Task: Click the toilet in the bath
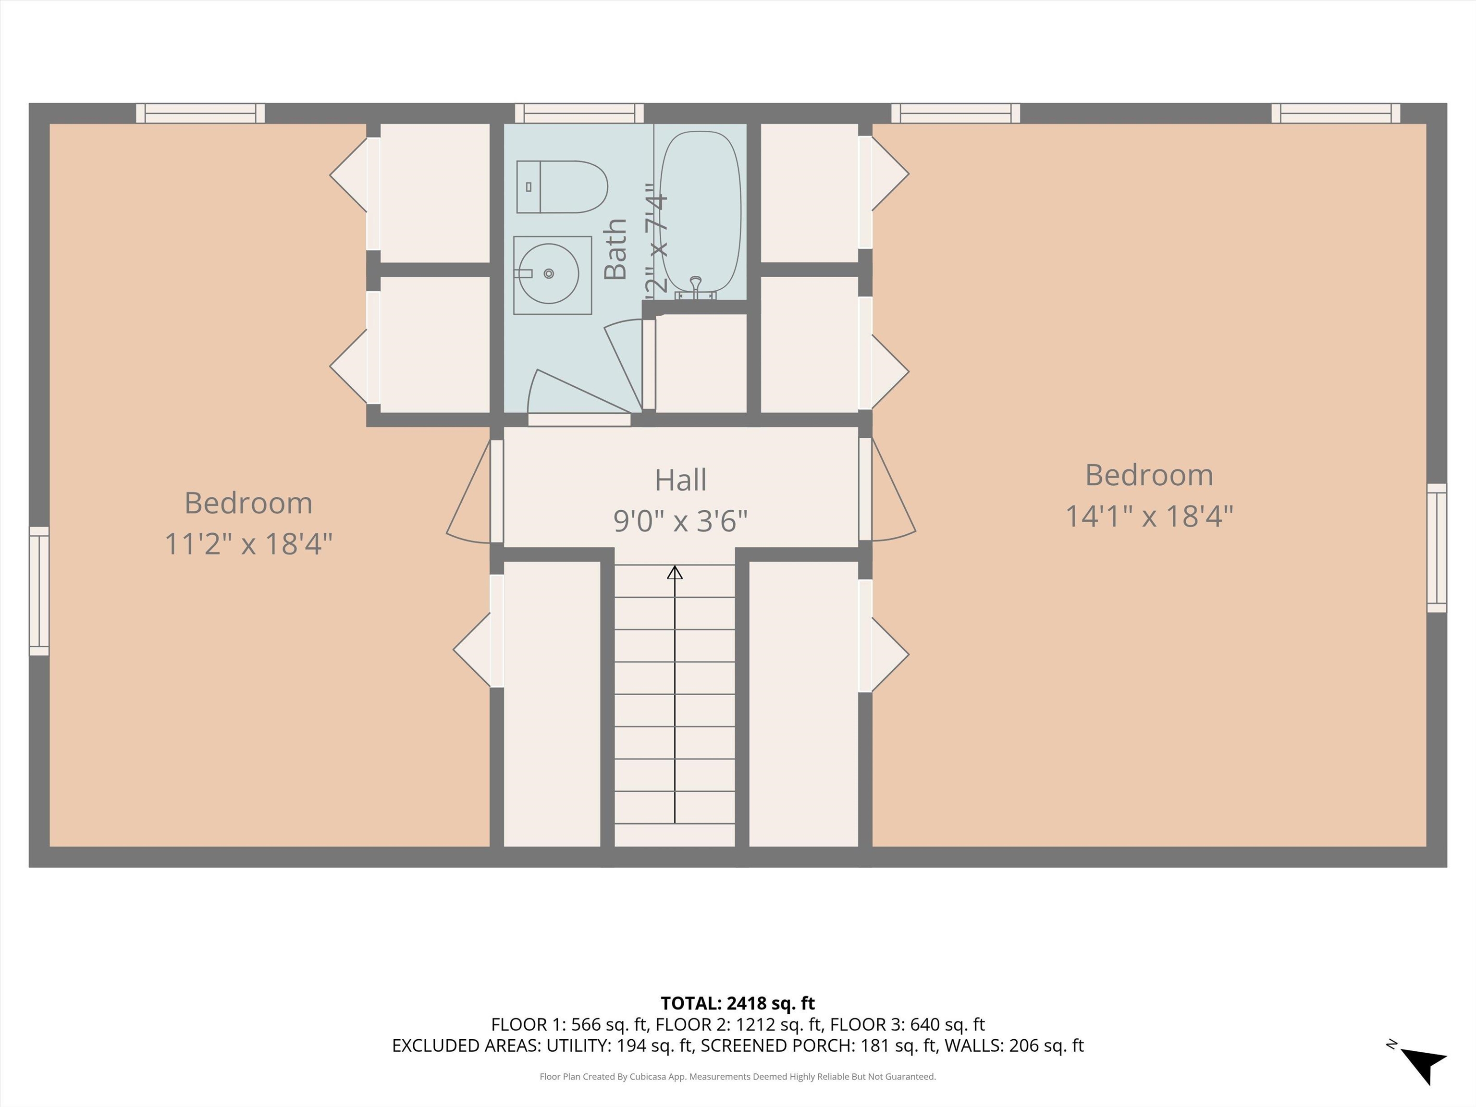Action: (x=562, y=187)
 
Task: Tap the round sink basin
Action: (x=549, y=273)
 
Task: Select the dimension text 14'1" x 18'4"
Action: (x=1148, y=517)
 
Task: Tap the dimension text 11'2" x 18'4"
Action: (x=248, y=544)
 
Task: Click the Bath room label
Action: (x=615, y=249)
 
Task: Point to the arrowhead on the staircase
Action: (x=675, y=573)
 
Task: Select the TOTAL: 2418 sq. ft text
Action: (x=738, y=1003)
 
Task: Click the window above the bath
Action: (x=578, y=113)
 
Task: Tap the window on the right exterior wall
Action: (x=1436, y=548)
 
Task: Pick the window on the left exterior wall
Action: (x=39, y=590)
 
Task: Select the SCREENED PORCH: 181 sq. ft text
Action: (x=819, y=1045)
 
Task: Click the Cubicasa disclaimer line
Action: (x=738, y=1076)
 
